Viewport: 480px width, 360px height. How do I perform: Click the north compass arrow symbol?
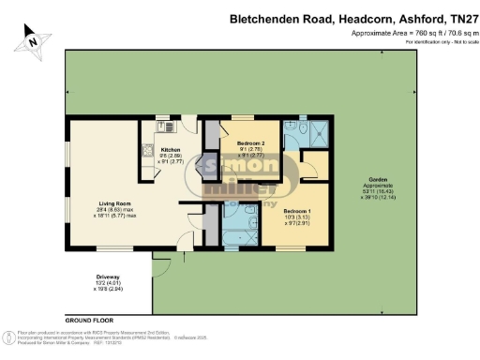32,38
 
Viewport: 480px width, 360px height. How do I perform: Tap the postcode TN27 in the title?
456,18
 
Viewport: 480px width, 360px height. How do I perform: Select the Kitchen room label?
170,149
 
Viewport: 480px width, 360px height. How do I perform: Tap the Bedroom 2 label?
238,143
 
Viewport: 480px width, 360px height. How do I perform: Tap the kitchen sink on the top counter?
162,127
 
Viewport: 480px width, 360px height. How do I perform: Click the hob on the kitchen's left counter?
148,150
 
